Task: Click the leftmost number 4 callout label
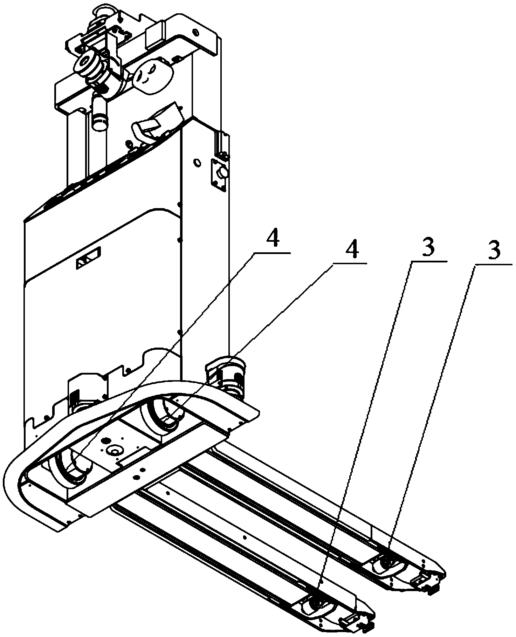pos(273,241)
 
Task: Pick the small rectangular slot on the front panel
pos(89,258)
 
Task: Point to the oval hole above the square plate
pos(197,163)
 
